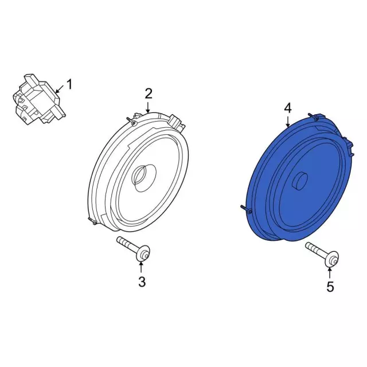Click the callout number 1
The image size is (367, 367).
(69, 85)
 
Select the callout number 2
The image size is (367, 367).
(148, 93)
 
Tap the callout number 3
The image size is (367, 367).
(142, 281)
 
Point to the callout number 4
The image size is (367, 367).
(288, 108)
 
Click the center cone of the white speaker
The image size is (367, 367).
(142, 175)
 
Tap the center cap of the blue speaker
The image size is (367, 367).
(299, 182)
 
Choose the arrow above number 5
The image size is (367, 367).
(330, 273)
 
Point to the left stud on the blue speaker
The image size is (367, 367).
(244, 209)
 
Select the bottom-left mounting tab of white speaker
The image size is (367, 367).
(91, 220)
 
